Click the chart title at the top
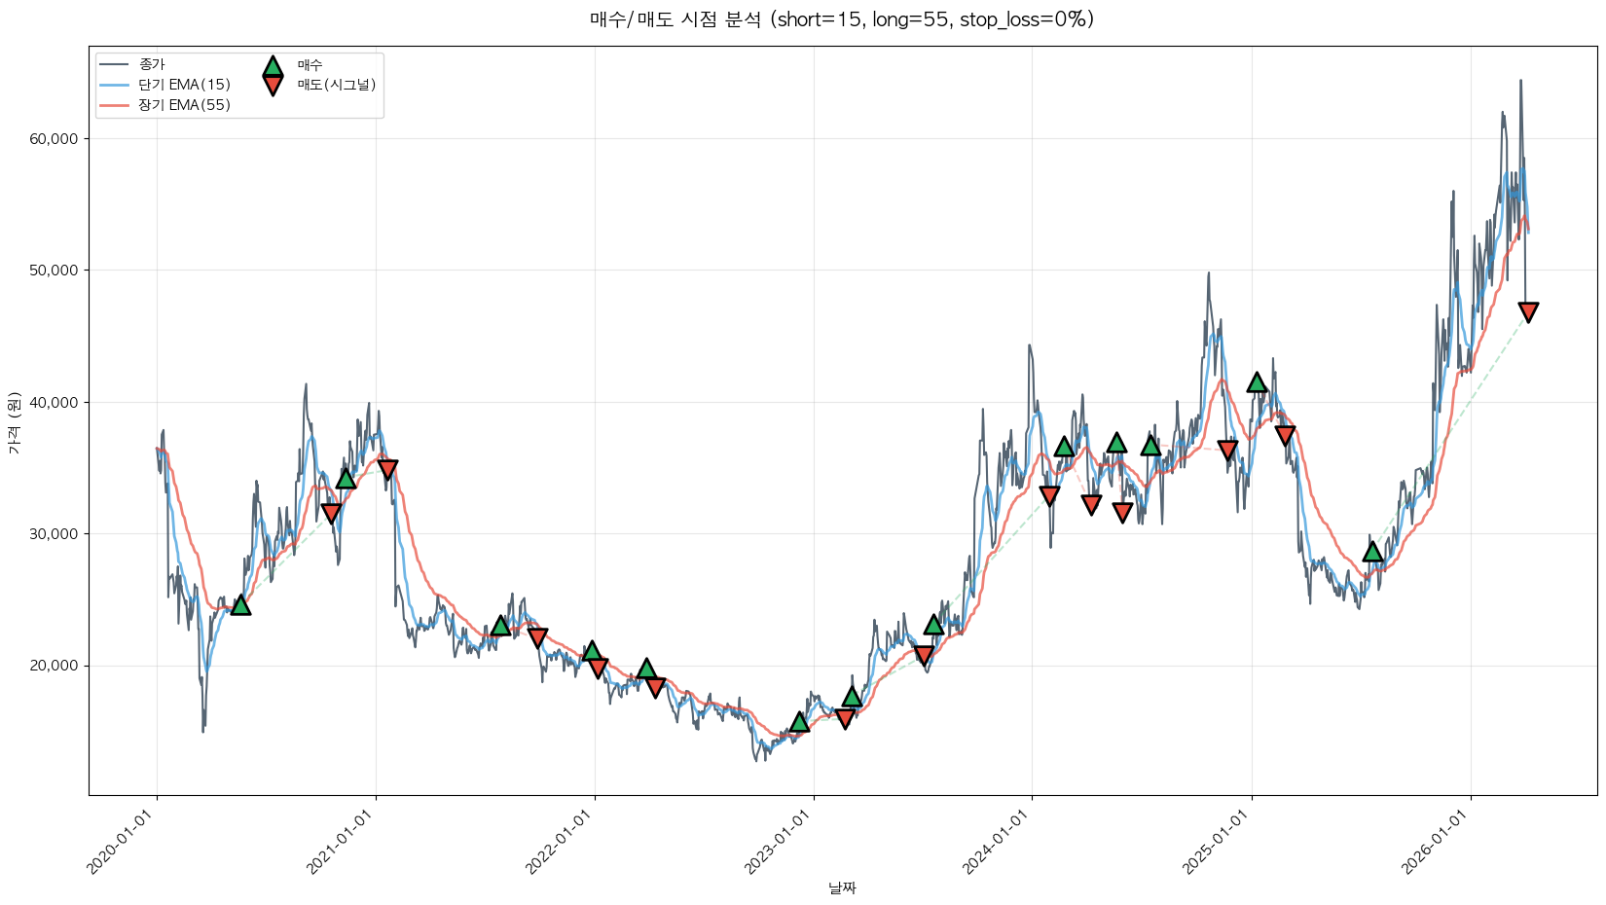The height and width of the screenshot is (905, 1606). pos(842,19)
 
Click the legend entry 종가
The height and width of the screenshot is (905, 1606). pos(152,64)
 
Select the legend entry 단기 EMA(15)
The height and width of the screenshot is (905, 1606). pos(184,85)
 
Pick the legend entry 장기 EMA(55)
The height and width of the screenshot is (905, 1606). pos(184,105)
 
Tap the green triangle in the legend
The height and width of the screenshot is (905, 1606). pos(273,66)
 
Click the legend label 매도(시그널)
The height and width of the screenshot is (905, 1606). pos(336,85)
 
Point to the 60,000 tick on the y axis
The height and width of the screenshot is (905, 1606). pos(54,139)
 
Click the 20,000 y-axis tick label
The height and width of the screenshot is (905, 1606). pos(54,666)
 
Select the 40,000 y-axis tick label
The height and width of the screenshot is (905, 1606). pos(54,402)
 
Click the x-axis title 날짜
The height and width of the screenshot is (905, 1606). pos(842,887)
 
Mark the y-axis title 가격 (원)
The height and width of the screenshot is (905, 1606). pos(14,422)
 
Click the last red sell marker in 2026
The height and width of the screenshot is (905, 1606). pos(1528,312)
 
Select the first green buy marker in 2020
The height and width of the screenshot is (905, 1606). pos(240,605)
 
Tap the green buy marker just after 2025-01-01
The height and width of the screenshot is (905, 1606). pos(1257,382)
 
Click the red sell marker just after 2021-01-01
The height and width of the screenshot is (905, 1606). pos(387,469)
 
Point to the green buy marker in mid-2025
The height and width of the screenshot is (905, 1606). pos(1372,552)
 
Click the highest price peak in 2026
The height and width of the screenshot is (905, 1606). pos(1520,82)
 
